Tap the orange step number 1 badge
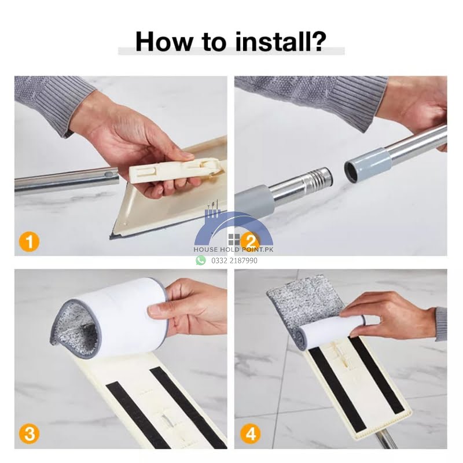(x=30, y=242)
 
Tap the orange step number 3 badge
(x=30, y=435)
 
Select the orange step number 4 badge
(x=251, y=435)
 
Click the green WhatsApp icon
(x=201, y=260)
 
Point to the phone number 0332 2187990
(x=234, y=260)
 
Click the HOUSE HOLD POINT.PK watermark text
(x=233, y=249)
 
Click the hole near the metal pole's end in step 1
(x=109, y=174)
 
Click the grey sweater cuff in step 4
(x=440, y=324)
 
